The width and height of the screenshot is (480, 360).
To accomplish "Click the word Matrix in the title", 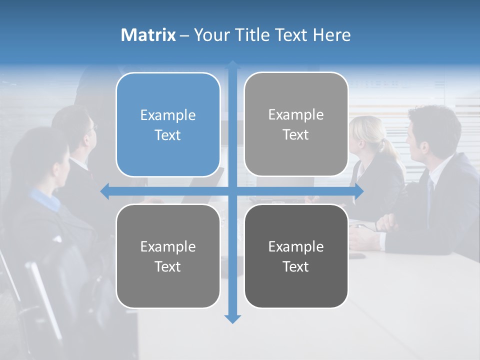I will (x=148, y=35).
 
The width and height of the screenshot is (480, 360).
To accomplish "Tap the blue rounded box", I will (x=168, y=125).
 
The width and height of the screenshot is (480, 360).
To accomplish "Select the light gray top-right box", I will (x=296, y=124).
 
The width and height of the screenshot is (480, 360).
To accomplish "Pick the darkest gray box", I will (x=296, y=256).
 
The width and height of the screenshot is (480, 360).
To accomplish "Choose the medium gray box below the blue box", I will (x=168, y=256).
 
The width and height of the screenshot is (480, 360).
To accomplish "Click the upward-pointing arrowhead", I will (x=232, y=64).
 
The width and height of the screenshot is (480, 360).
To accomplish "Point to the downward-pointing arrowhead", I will (x=232, y=319).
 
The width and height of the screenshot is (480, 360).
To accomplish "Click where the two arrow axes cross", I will (x=232, y=191).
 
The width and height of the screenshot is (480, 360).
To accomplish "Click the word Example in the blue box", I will (x=168, y=115).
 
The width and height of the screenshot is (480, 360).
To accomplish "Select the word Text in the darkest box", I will (x=296, y=267).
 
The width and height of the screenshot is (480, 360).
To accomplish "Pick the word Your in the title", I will (x=210, y=35).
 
